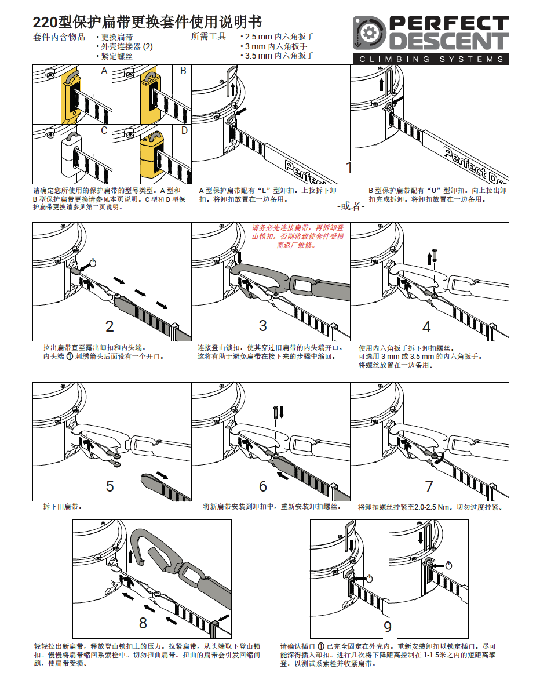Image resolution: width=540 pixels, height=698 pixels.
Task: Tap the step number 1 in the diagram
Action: (349, 168)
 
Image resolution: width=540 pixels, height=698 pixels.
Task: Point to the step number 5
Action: (110, 486)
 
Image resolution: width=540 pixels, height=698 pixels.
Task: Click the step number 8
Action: (143, 623)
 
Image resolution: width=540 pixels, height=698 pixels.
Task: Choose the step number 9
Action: (388, 626)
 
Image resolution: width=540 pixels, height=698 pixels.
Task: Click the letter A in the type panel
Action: (104, 71)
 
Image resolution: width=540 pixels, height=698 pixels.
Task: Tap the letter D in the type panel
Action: (184, 130)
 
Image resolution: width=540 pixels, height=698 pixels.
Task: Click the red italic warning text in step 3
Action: (297, 237)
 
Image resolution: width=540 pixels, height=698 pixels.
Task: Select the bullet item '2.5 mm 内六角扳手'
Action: (278, 37)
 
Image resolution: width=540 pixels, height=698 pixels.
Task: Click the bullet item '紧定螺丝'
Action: (116, 56)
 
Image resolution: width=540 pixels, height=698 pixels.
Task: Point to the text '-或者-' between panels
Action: (351, 206)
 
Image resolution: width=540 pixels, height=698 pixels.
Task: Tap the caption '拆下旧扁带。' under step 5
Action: (63, 507)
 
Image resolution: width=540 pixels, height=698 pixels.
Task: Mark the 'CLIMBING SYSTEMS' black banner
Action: (431, 59)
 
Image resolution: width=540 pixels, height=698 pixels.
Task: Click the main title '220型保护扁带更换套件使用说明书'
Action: (147, 23)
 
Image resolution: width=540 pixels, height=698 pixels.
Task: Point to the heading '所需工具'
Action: (209, 37)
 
